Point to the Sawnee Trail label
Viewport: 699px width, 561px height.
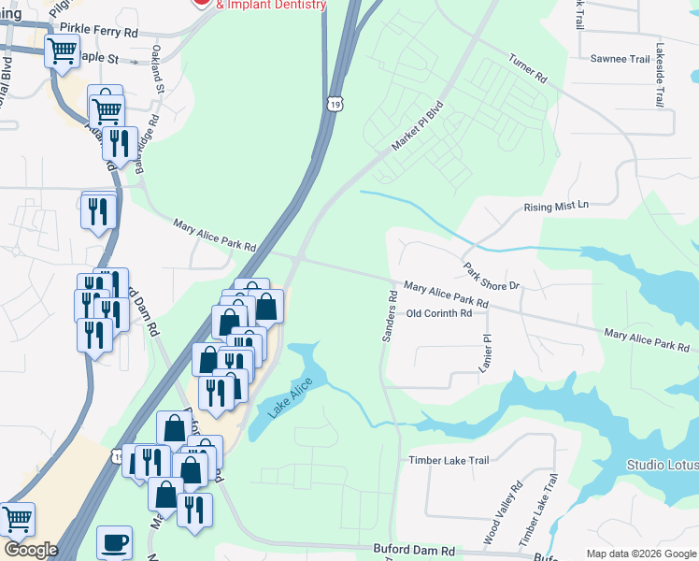620,59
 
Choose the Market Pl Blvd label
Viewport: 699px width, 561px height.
415,129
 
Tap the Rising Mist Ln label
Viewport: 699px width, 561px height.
558,206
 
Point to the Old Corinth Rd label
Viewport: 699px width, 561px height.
439,314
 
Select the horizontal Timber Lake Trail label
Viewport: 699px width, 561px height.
449,460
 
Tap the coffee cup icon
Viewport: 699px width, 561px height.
114,542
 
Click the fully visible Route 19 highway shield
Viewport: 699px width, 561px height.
334,103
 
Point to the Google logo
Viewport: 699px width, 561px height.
31,550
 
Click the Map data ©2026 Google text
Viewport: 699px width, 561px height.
640,554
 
